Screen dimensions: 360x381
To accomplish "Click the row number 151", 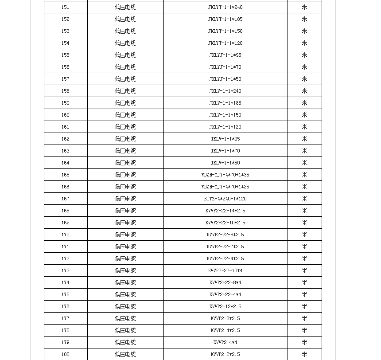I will point(66,8).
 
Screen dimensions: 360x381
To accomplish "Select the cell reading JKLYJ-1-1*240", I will point(225,8).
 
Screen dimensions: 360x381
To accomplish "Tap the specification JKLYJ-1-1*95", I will point(225,55).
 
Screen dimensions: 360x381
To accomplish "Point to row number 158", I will point(66,91).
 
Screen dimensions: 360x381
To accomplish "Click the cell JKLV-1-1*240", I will point(225,91).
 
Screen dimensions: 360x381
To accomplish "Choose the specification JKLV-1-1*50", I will point(225,163).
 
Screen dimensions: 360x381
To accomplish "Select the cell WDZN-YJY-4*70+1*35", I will point(225,175).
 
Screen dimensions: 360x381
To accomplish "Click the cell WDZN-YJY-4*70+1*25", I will point(225,187).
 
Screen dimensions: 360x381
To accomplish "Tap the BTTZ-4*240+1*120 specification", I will point(225,199).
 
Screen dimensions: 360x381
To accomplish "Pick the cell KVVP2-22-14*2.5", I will point(225,211).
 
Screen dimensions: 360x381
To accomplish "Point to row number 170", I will point(66,235).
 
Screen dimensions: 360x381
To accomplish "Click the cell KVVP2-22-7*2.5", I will point(225,247).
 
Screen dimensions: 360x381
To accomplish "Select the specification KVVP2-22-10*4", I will point(225,271).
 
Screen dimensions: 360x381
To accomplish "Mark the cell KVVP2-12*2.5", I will point(225,307).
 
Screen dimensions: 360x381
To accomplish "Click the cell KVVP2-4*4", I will point(225,343).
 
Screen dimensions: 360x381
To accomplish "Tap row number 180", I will point(66,355).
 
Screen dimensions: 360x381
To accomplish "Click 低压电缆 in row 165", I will point(125,175).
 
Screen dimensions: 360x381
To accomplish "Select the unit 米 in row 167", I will point(304,199).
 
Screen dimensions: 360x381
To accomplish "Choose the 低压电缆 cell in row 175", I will point(125,295).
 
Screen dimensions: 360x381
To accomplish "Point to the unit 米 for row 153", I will point(304,31).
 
